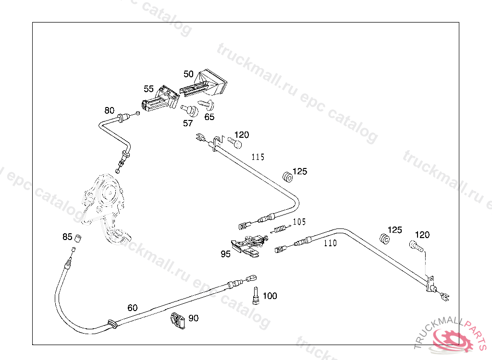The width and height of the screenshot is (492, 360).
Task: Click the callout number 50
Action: coord(188,74)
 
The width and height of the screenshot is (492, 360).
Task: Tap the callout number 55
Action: coord(148,89)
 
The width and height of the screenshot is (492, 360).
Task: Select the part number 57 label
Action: coord(187,123)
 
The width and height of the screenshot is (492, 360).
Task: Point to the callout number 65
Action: coord(209,117)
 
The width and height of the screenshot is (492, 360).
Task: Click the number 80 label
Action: coord(110,110)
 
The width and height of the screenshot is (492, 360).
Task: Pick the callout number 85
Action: coord(67,237)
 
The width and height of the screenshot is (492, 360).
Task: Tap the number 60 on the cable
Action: coord(133,308)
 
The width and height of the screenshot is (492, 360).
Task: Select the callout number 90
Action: coord(193,318)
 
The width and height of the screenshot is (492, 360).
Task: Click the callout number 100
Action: coord(270,296)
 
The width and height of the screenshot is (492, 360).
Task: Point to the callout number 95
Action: coord(226,254)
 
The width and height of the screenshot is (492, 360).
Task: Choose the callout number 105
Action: coord(299,222)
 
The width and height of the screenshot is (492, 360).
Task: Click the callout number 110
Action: coord(330,243)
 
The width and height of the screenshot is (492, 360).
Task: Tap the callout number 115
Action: coord(258,157)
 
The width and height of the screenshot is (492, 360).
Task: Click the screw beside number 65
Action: coord(208,105)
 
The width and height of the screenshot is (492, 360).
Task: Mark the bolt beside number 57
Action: coord(190,110)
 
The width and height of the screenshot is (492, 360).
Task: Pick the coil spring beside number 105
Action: coord(280,228)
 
